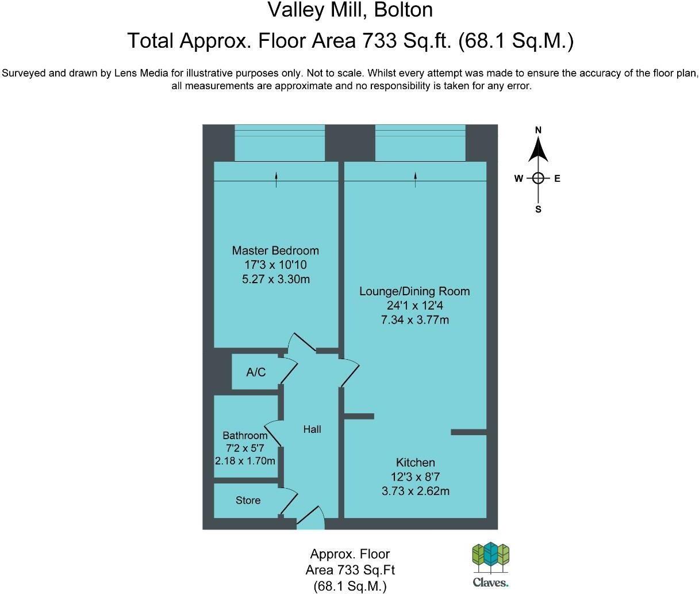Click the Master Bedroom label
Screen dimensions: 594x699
pos(275,250)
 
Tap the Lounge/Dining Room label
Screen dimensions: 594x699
pos(414,291)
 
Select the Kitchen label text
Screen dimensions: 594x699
pos(415,462)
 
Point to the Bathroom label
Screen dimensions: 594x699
pos(245,436)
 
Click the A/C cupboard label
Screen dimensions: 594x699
pos(256,372)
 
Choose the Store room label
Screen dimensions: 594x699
pos(248,501)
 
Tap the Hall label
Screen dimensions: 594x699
pos(312,429)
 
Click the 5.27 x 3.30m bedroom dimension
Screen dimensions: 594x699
pos(276,280)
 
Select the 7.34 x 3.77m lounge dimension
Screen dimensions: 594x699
pos(414,320)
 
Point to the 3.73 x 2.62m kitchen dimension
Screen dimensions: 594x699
pos(415,491)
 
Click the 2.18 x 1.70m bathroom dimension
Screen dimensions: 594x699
pos(245,461)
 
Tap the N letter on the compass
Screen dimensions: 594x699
pos(538,130)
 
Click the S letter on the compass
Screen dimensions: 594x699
pos(538,210)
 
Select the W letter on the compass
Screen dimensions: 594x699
pos(519,178)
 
